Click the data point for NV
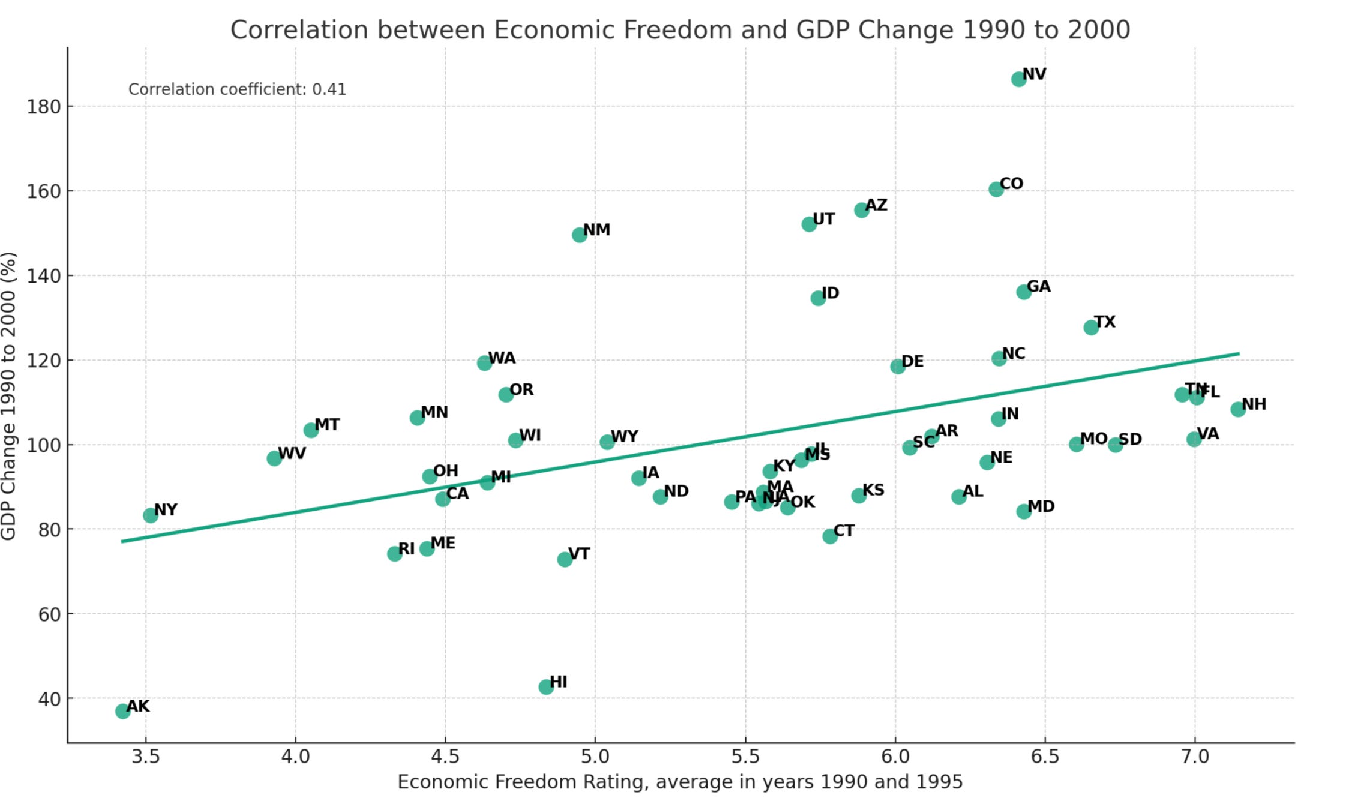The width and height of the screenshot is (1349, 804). (1018, 79)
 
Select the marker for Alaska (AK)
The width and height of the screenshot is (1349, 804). (122, 711)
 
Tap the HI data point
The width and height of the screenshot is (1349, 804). (546, 687)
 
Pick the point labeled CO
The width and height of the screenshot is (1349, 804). (996, 189)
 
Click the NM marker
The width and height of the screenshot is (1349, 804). (579, 235)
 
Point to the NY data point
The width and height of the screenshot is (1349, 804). (151, 515)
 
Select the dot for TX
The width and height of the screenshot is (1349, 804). (1091, 327)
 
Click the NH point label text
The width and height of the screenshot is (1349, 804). (1254, 404)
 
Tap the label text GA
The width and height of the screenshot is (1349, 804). (1039, 286)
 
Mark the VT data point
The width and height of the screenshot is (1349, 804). (565, 559)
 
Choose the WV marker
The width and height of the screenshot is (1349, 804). (274, 458)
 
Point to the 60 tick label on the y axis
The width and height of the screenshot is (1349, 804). (44, 614)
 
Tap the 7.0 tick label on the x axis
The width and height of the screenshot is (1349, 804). (1195, 757)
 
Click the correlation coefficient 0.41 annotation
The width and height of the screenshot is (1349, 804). (237, 89)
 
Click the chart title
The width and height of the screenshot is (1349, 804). (680, 29)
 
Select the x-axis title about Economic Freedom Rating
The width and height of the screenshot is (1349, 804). (680, 782)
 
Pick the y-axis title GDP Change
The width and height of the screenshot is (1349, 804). (8, 396)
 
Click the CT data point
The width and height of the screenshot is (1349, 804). (830, 536)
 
